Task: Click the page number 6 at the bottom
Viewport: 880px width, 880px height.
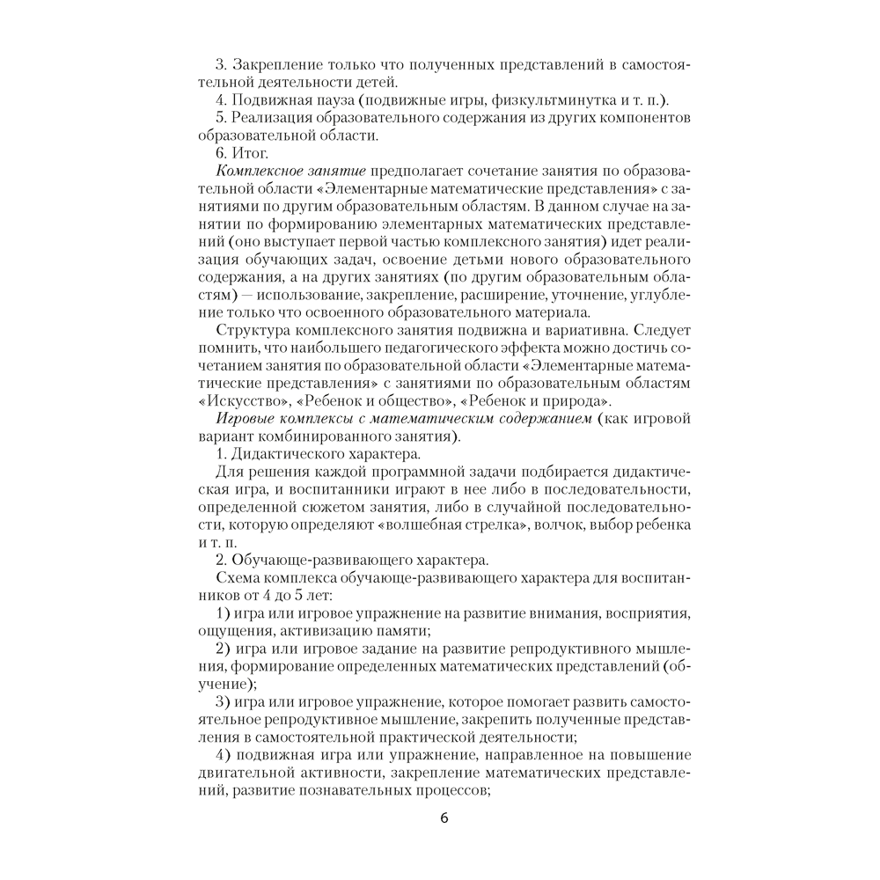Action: click(x=444, y=818)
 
